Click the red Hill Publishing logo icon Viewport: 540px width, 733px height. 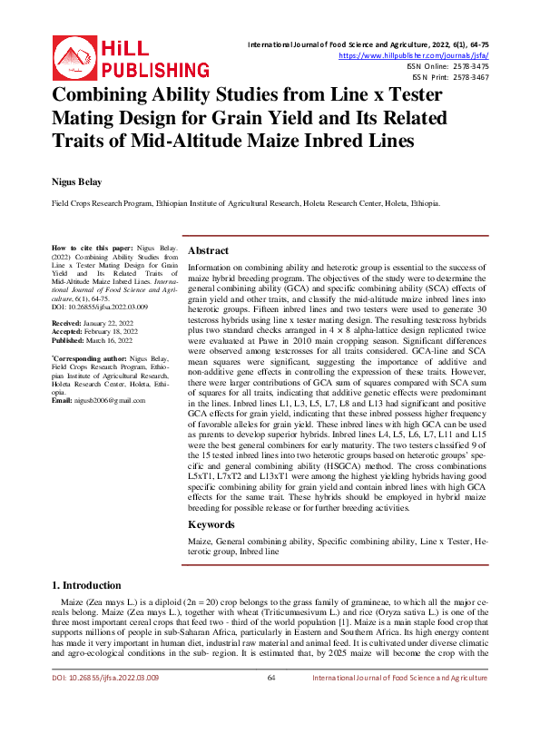tap(71, 54)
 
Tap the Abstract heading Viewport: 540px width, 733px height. tap(208, 250)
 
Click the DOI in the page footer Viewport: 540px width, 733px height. tap(104, 703)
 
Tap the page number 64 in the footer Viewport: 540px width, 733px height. tap(270, 703)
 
